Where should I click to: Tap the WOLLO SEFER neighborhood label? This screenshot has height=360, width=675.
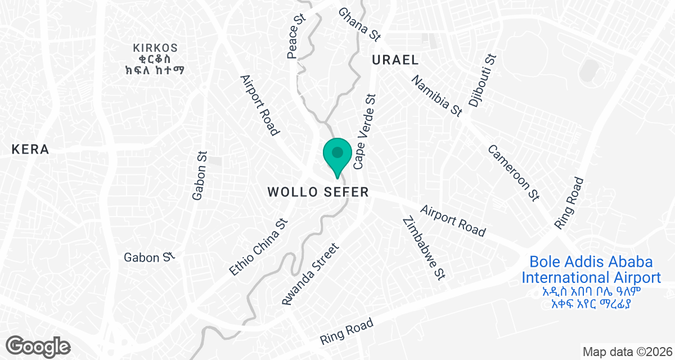click(x=318, y=192)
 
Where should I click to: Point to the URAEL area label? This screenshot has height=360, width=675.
click(x=395, y=60)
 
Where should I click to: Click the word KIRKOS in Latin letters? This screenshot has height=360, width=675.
click(x=155, y=48)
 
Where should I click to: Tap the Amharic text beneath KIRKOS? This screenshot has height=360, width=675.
click(x=155, y=64)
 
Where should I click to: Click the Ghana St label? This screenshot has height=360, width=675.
click(x=359, y=24)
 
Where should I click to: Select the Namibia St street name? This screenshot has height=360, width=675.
click(x=436, y=96)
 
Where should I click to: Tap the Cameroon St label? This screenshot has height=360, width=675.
click(x=514, y=173)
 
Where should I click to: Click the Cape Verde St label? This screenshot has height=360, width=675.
click(x=364, y=132)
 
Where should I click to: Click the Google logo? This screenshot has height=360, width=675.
click(x=38, y=345)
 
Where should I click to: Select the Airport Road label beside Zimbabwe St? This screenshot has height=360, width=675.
click(x=452, y=219)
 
